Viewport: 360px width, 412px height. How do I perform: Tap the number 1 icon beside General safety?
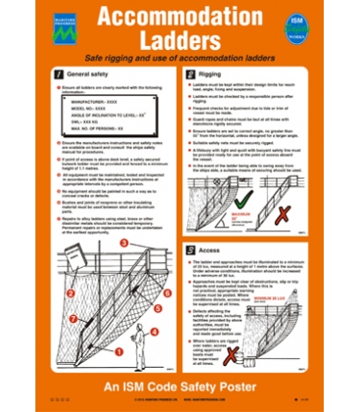point(62,74)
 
